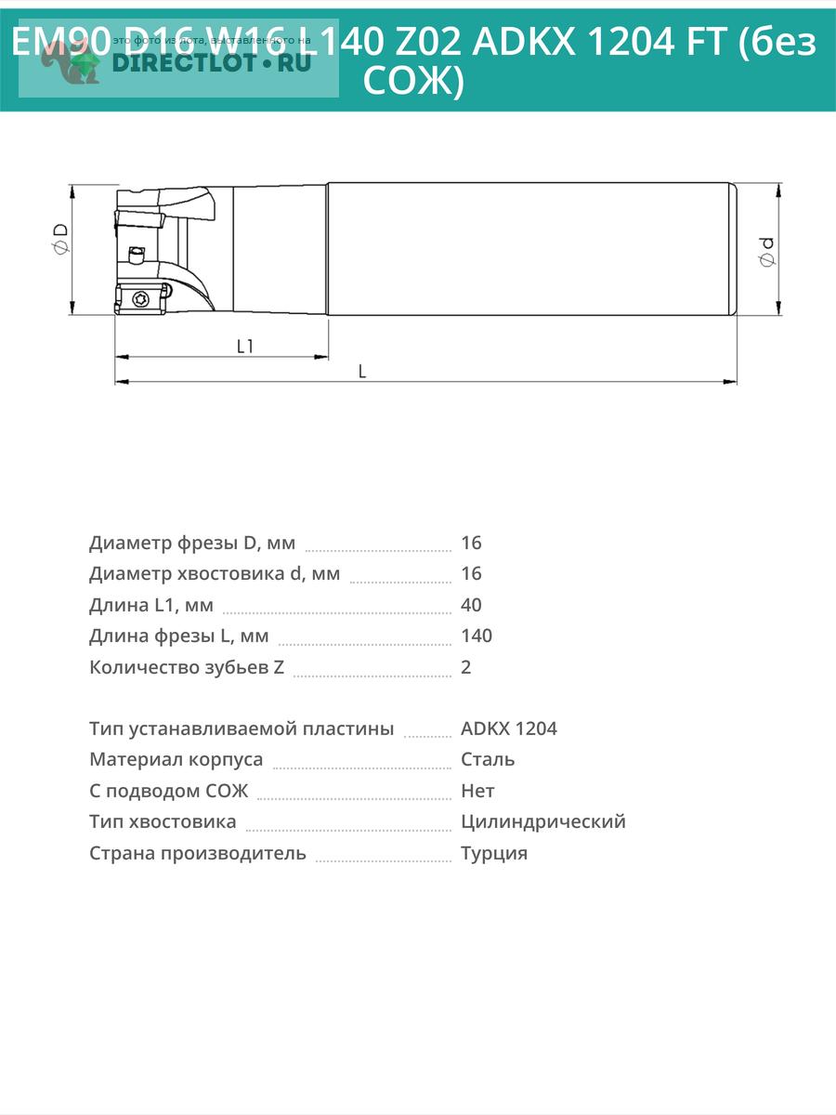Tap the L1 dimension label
click(x=245, y=347)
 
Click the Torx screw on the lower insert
click(x=140, y=298)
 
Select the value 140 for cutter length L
click(x=477, y=636)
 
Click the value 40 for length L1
click(x=471, y=605)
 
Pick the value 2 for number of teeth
click(x=466, y=667)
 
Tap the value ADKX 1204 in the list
click(x=509, y=728)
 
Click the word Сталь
click(x=488, y=759)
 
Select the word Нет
click(x=477, y=791)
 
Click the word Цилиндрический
click(x=543, y=821)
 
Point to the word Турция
click(x=494, y=853)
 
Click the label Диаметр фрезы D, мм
click(x=192, y=543)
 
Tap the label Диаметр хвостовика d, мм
click(x=215, y=573)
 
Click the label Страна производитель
click(x=198, y=853)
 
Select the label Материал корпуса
click(x=176, y=759)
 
